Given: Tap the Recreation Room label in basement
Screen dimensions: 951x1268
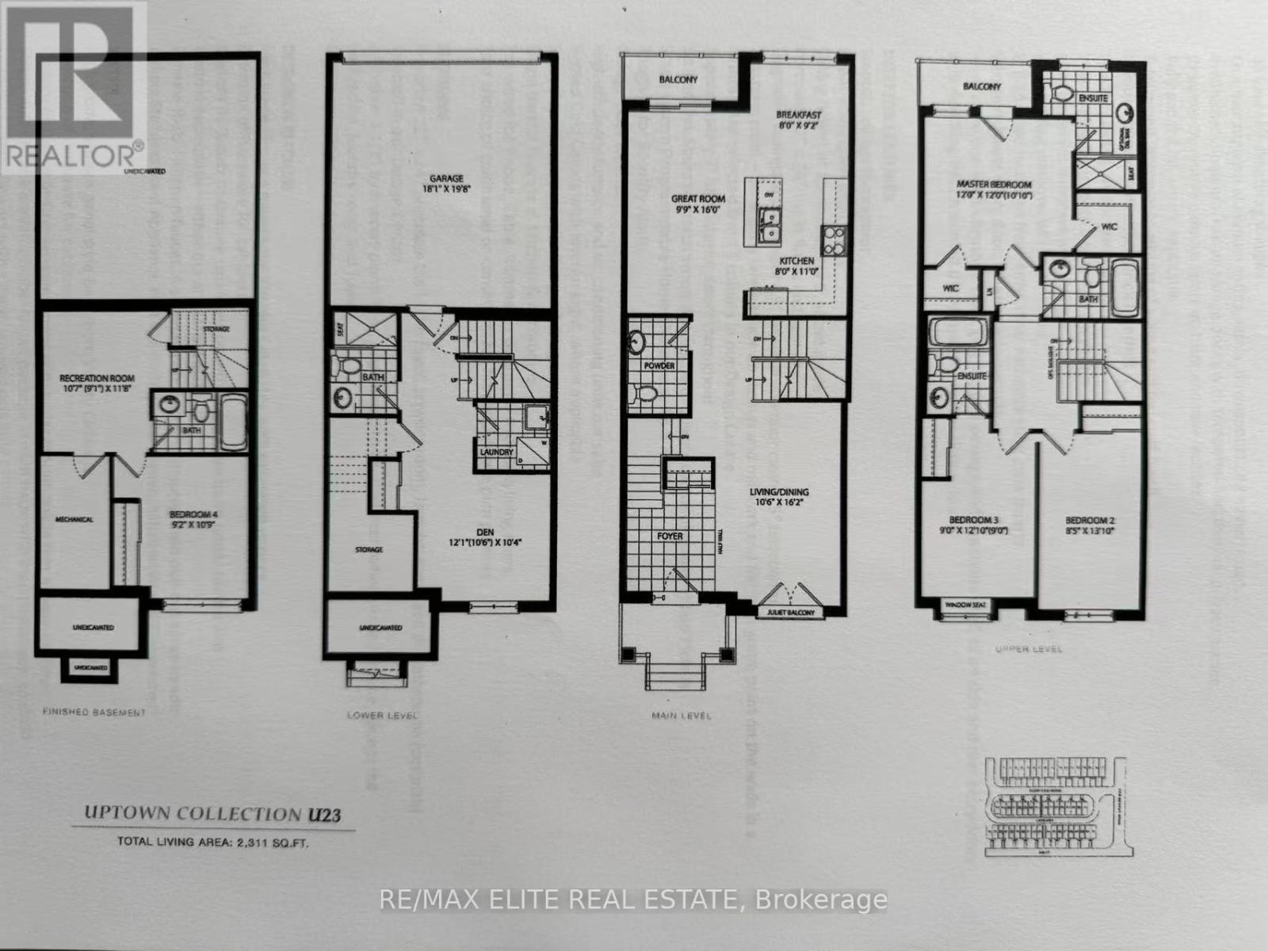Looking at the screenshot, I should (97, 378).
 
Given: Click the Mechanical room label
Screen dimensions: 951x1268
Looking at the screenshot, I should (74, 520).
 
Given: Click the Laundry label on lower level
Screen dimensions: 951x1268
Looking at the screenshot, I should (497, 452).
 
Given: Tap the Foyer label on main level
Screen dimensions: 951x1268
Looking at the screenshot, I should (670, 537).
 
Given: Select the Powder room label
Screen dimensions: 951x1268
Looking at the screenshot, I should (659, 366).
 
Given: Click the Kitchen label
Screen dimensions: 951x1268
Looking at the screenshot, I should (796, 261).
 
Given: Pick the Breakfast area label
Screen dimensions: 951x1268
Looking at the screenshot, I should (799, 114).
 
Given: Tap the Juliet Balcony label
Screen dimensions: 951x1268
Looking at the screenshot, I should (791, 613).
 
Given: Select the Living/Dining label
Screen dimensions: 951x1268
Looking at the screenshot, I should (779, 492).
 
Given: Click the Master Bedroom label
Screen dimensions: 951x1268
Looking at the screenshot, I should (993, 185).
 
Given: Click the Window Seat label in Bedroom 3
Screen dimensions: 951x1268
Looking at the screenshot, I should (965, 606).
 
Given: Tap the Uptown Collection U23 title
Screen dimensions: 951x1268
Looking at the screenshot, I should (213, 814).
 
